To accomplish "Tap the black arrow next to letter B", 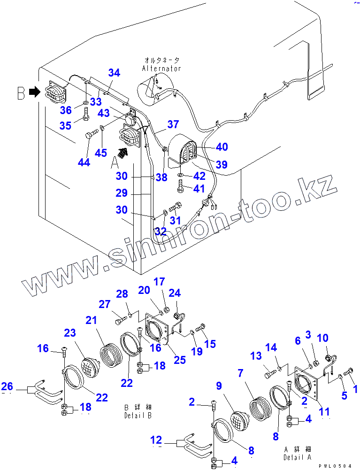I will [34, 92].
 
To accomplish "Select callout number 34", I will [114, 73].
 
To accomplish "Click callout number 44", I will [84, 162].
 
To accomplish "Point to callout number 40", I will [222, 147].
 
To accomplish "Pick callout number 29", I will [122, 193].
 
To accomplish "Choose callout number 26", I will [7, 387].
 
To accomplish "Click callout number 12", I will [156, 440].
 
